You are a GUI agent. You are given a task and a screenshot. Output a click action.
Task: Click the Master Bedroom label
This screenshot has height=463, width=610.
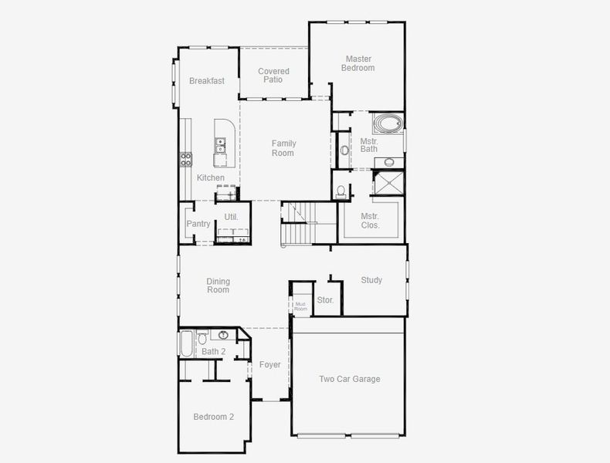[x=358, y=63]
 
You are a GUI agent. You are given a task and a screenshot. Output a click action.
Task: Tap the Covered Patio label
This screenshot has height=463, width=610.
[x=273, y=76]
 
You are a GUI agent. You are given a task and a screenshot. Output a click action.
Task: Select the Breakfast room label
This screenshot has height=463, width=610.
[x=207, y=81]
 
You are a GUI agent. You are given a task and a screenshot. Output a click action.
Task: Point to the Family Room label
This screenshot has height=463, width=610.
[x=283, y=148]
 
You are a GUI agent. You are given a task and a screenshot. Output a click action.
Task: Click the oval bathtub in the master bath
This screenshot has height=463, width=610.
[x=388, y=124]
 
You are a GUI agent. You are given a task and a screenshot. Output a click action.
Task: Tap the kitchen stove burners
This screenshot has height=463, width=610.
[x=186, y=160]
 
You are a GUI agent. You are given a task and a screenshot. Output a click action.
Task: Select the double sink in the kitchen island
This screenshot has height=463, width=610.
[x=220, y=145]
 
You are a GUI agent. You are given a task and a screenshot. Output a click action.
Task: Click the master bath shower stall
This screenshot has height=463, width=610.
[x=388, y=183]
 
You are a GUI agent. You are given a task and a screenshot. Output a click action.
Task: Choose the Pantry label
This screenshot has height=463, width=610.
[x=198, y=224]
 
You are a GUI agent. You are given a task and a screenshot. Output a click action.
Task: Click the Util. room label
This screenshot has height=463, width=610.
[x=231, y=217]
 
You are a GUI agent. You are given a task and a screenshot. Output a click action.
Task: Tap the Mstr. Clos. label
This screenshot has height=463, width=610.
[x=370, y=221]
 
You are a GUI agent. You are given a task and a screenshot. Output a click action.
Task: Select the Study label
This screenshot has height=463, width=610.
[x=371, y=280]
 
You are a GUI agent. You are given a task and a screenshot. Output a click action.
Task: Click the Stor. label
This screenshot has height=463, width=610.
[x=325, y=299]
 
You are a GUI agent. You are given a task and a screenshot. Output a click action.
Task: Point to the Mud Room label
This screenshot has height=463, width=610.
[x=300, y=306]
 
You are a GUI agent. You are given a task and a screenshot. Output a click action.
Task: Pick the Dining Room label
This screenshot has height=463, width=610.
[x=219, y=286]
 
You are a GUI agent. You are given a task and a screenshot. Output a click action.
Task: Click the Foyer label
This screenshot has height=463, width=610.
[x=269, y=365]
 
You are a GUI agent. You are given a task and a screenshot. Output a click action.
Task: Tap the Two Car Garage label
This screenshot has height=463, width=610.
[x=350, y=379]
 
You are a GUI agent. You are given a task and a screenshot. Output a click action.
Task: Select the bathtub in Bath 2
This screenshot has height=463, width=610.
[x=186, y=343]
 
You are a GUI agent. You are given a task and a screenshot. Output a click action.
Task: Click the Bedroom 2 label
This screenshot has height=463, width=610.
[x=214, y=417]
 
